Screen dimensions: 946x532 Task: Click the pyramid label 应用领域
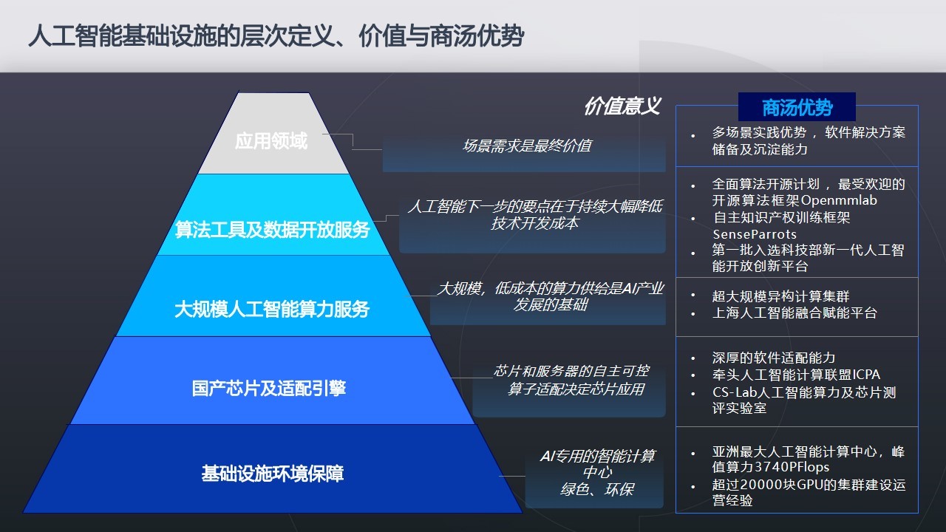click(x=271, y=141)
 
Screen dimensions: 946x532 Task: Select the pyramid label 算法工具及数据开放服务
click(x=273, y=230)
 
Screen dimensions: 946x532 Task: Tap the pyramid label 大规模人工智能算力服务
click(x=272, y=309)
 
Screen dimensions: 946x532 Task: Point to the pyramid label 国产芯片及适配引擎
click(x=269, y=389)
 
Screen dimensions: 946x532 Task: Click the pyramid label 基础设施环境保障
click(x=273, y=474)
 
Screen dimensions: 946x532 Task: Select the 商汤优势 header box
click(x=797, y=107)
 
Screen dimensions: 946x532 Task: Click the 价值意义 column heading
click(x=622, y=106)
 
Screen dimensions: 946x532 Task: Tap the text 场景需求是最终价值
click(x=527, y=146)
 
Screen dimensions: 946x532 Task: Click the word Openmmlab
click(x=839, y=200)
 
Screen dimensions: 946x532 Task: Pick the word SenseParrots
click(x=755, y=234)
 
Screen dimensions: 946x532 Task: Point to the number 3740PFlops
click(x=792, y=467)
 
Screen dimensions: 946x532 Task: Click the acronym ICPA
click(x=866, y=375)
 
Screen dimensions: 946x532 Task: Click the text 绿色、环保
click(x=596, y=489)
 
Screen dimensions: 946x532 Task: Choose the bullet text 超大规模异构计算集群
click(x=780, y=296)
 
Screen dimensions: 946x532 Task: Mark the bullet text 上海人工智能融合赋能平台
click(x=794, y=313)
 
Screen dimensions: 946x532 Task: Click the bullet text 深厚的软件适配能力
click(x=774, y=358)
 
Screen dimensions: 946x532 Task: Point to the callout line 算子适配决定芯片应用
click(x=576, y=389)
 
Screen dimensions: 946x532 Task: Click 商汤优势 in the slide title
click(x=477, y=36)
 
